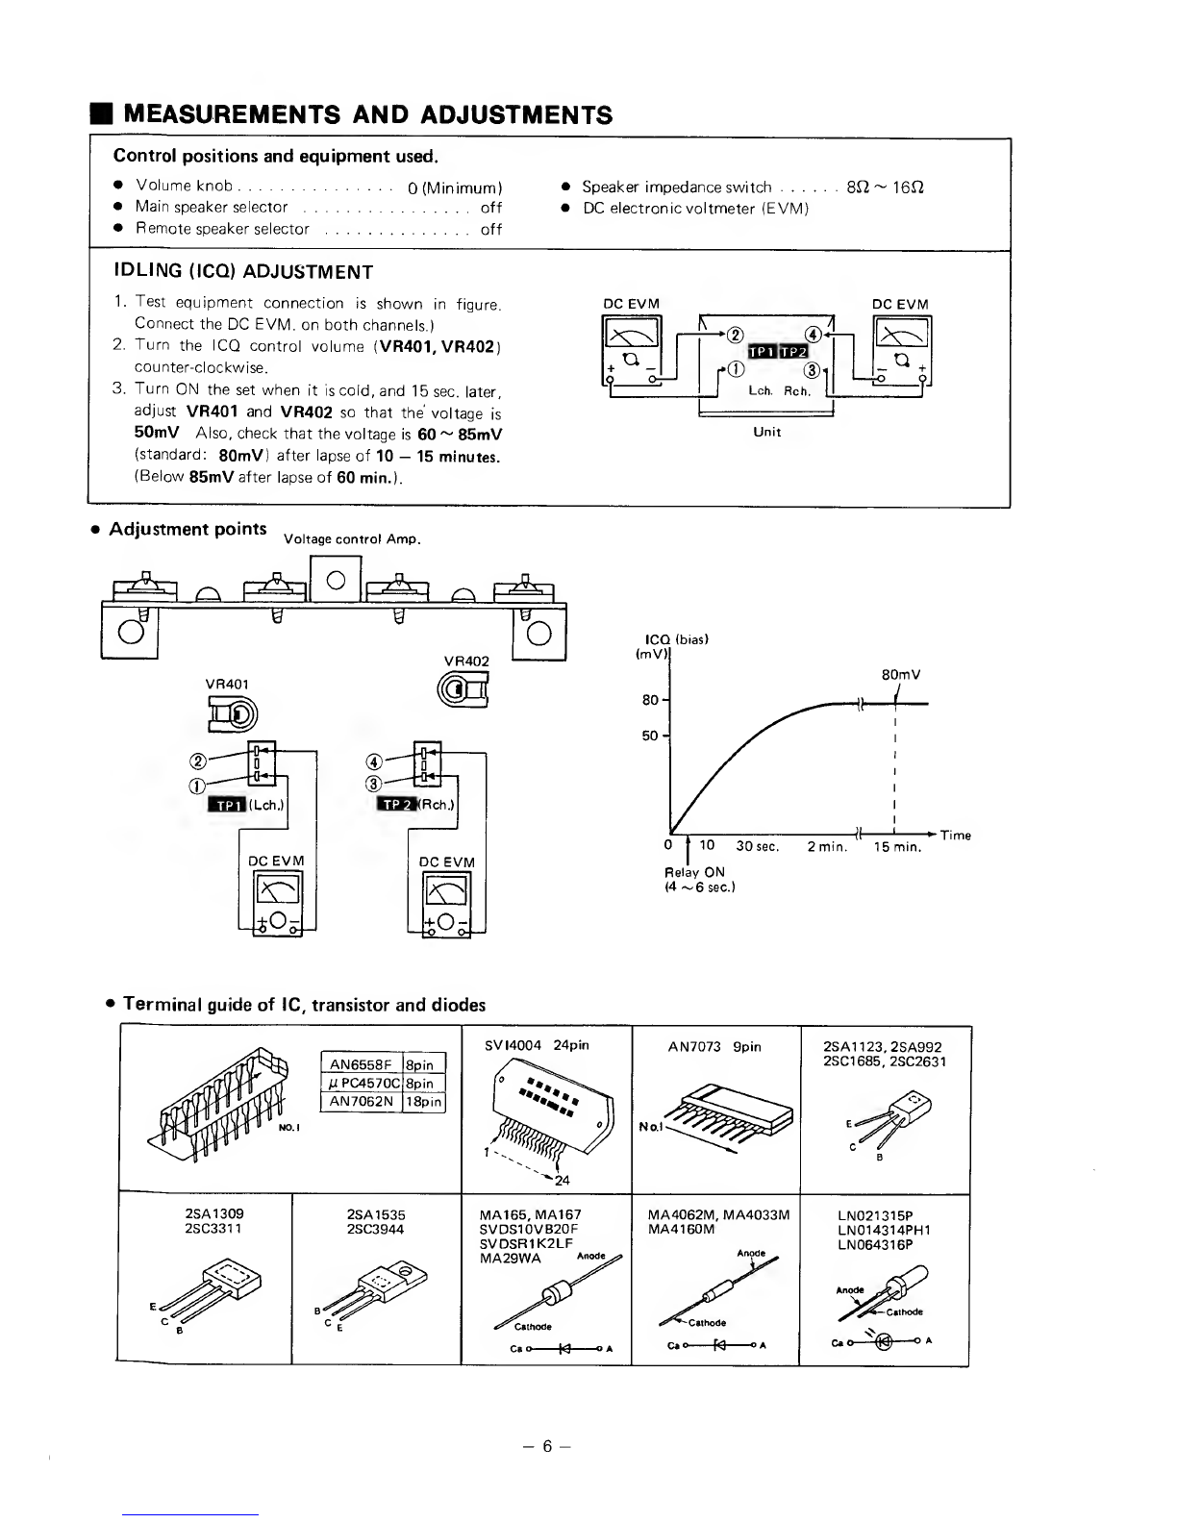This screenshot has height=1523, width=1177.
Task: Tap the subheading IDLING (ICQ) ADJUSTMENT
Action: (x=243, y=270)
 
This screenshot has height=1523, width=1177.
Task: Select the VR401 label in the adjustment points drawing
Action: (x=227, y=683)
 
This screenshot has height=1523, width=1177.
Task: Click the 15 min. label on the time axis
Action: (x=897, y=847)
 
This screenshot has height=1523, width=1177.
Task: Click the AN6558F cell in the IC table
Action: (x=362, y=1064)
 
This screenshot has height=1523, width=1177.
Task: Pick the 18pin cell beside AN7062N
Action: (x=425, y=1102)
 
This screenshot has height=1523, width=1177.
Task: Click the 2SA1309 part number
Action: (x=204, y=1214)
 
